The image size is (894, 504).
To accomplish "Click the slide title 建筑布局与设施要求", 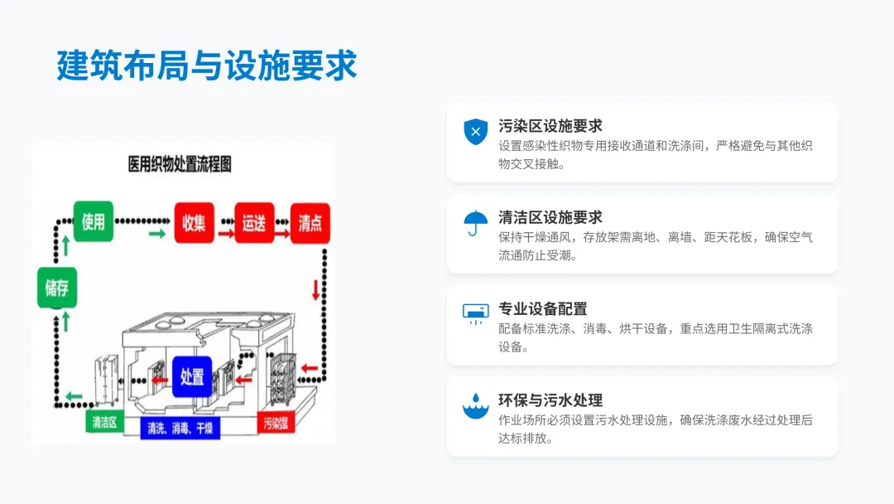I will (207, 65).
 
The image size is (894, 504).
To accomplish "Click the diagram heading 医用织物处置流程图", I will (180, 164).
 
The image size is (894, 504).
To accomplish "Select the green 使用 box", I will (94, 221).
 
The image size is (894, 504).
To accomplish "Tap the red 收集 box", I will (194, 223).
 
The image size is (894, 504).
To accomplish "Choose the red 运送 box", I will (254, 223).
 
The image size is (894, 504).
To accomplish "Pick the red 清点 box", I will (310, 223).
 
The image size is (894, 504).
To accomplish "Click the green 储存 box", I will (57, 288).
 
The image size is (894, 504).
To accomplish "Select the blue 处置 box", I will (192, 376).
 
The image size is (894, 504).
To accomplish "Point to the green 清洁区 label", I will (103, 422).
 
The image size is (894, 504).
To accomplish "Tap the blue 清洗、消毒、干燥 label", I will (180, 429).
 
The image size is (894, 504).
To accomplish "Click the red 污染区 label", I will (276, 424).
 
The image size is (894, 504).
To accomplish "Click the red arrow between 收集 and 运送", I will (225, 235).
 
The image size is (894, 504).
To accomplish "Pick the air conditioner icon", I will (475, 313).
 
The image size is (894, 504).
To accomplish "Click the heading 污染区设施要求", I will (550, 126).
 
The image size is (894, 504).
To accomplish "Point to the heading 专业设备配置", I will (542, 309).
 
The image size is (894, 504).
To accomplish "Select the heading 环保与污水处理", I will (550, 400).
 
